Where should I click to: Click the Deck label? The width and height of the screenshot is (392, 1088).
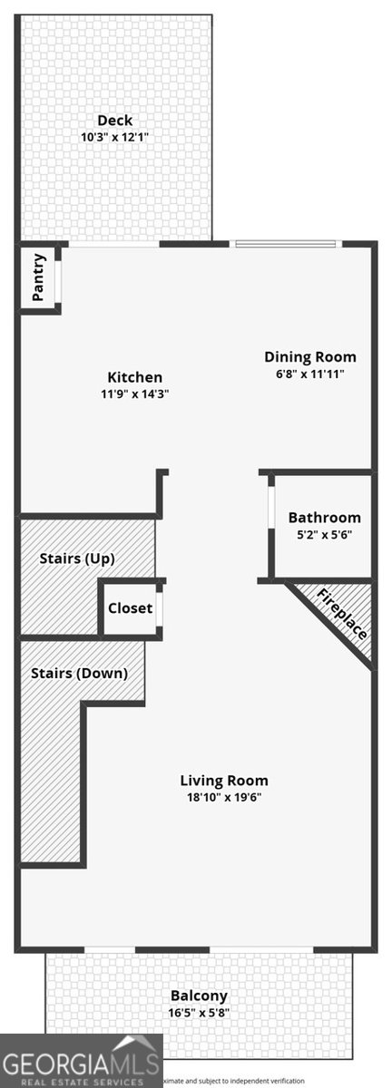(x=115, y=121)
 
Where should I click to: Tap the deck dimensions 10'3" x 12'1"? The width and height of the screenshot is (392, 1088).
(x=115, y=138)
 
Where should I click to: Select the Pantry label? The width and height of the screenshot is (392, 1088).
(x=38, y=277)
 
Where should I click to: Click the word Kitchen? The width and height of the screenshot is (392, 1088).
(x=135, y=377)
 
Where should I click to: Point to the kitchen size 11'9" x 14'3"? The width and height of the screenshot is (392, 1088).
(x=135, y=394)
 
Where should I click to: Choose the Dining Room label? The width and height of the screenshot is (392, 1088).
(x=310, y=356)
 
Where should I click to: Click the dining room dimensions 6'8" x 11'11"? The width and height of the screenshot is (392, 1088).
(x=310, y=374)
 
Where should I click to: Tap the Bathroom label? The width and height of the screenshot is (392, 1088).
(x=324, y=518)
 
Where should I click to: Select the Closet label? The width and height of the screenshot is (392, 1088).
(x=130, y=608)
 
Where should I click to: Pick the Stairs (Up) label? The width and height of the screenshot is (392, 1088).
(x=77, y=559)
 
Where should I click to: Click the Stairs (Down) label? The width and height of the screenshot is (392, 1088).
(x=79, y=674)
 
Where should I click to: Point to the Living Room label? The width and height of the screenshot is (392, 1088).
(x=224, y=781)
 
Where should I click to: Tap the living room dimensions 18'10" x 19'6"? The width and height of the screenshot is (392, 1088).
(x=224, y=798)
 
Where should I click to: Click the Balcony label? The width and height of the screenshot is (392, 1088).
(x=198, y=996)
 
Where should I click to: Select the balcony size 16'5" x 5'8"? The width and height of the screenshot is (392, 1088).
(x=198, y=1013)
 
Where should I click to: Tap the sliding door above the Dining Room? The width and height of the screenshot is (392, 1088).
(x=286, y=243)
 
